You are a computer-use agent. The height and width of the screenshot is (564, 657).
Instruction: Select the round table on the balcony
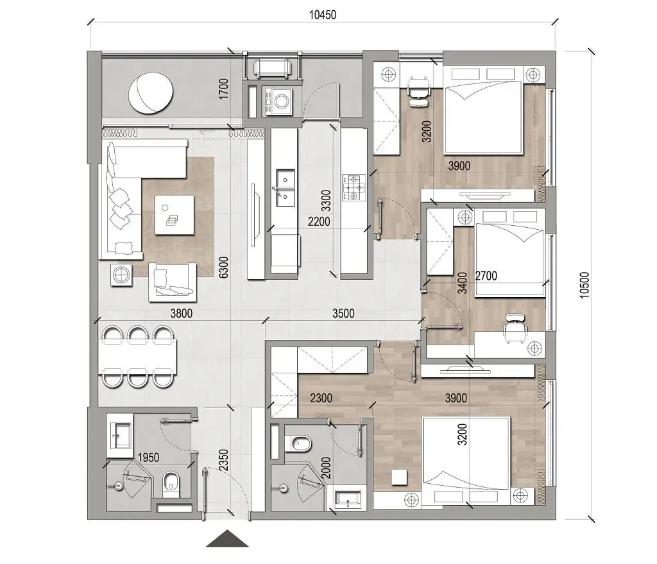[151, 92]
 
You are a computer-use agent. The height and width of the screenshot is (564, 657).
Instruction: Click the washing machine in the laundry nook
[280, 101]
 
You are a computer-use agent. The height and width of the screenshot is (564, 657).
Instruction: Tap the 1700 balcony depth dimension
[223, 88]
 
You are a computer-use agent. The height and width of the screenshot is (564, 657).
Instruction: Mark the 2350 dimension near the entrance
[223, 459]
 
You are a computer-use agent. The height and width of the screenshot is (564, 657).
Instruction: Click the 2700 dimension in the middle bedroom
[487, 277]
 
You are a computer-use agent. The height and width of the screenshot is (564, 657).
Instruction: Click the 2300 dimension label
[320, 398]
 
